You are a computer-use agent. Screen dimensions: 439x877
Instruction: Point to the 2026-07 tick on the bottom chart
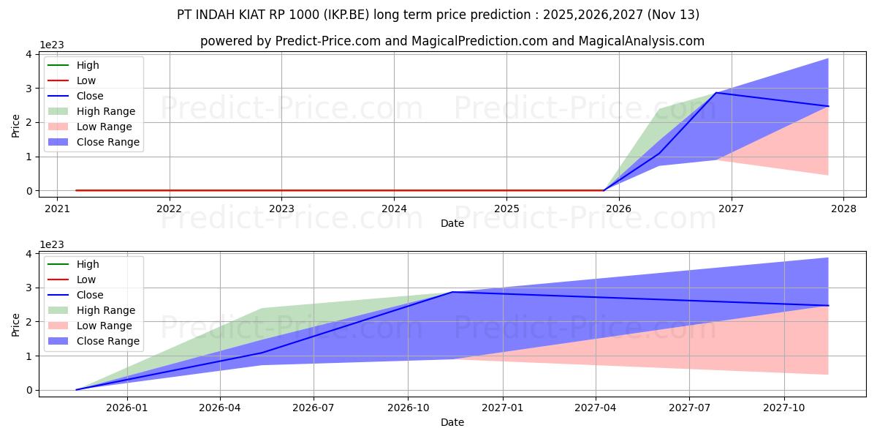point(314,408)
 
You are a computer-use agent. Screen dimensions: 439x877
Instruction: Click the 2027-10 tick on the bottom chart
point(784,408)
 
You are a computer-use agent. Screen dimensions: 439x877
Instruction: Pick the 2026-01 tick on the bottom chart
point(127,408)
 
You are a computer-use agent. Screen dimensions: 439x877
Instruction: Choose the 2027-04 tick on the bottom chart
point(596,408)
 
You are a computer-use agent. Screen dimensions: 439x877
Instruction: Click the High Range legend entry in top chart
point(105,111)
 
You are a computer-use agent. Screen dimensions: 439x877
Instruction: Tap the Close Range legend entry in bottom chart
point(107,341)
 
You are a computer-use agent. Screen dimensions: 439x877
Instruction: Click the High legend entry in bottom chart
point(88,264)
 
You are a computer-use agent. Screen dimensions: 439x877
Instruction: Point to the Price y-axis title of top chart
point(16,125)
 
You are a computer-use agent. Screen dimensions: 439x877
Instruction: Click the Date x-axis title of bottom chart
point(452,422)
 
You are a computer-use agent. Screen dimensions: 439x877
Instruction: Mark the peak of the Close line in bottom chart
point(452,292)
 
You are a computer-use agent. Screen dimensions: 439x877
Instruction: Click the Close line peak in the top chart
point(716,93)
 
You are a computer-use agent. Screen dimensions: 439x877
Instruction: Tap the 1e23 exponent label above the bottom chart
point(52,244)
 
